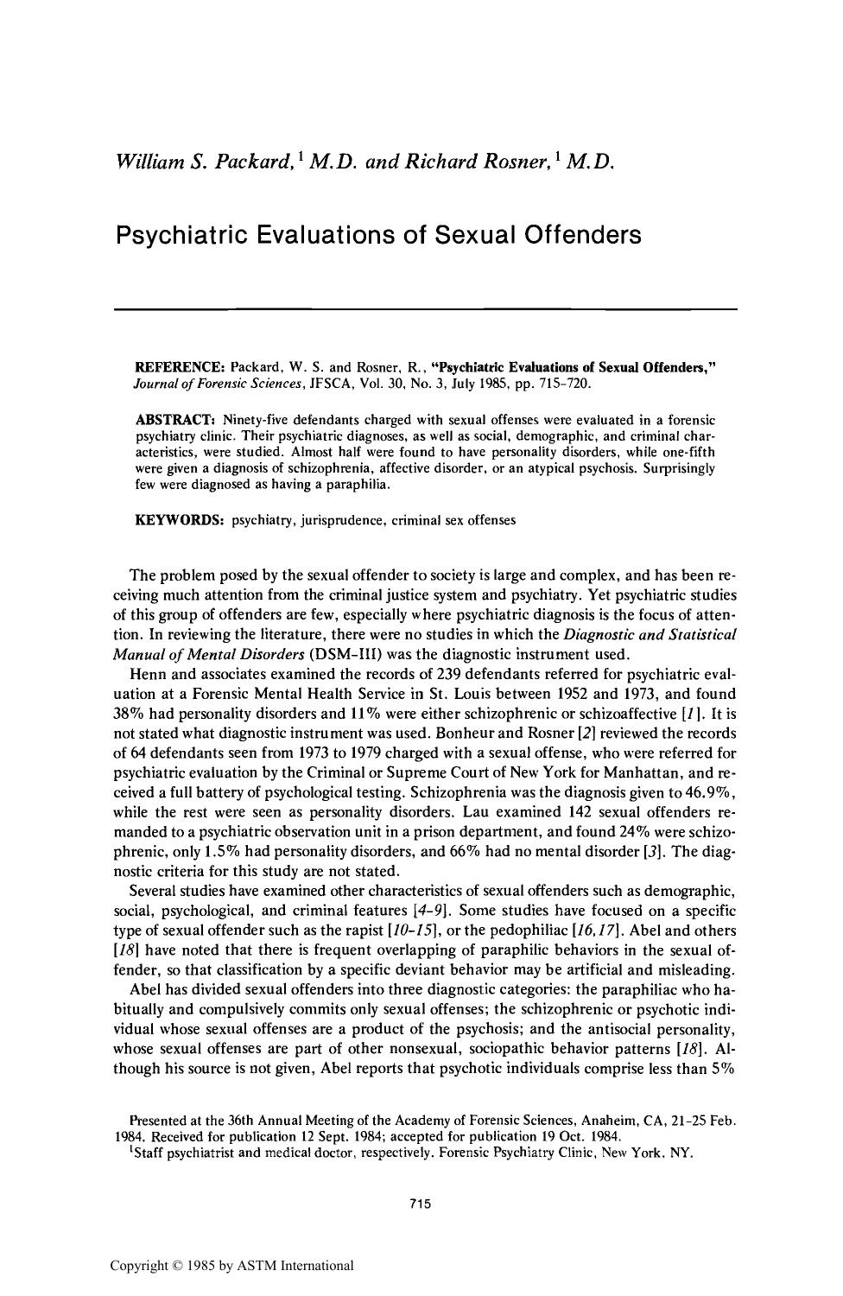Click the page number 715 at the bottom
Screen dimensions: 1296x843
[421, 1204]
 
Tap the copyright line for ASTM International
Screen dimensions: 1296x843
[231, 1266]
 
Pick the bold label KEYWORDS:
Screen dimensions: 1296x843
[180, 520]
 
